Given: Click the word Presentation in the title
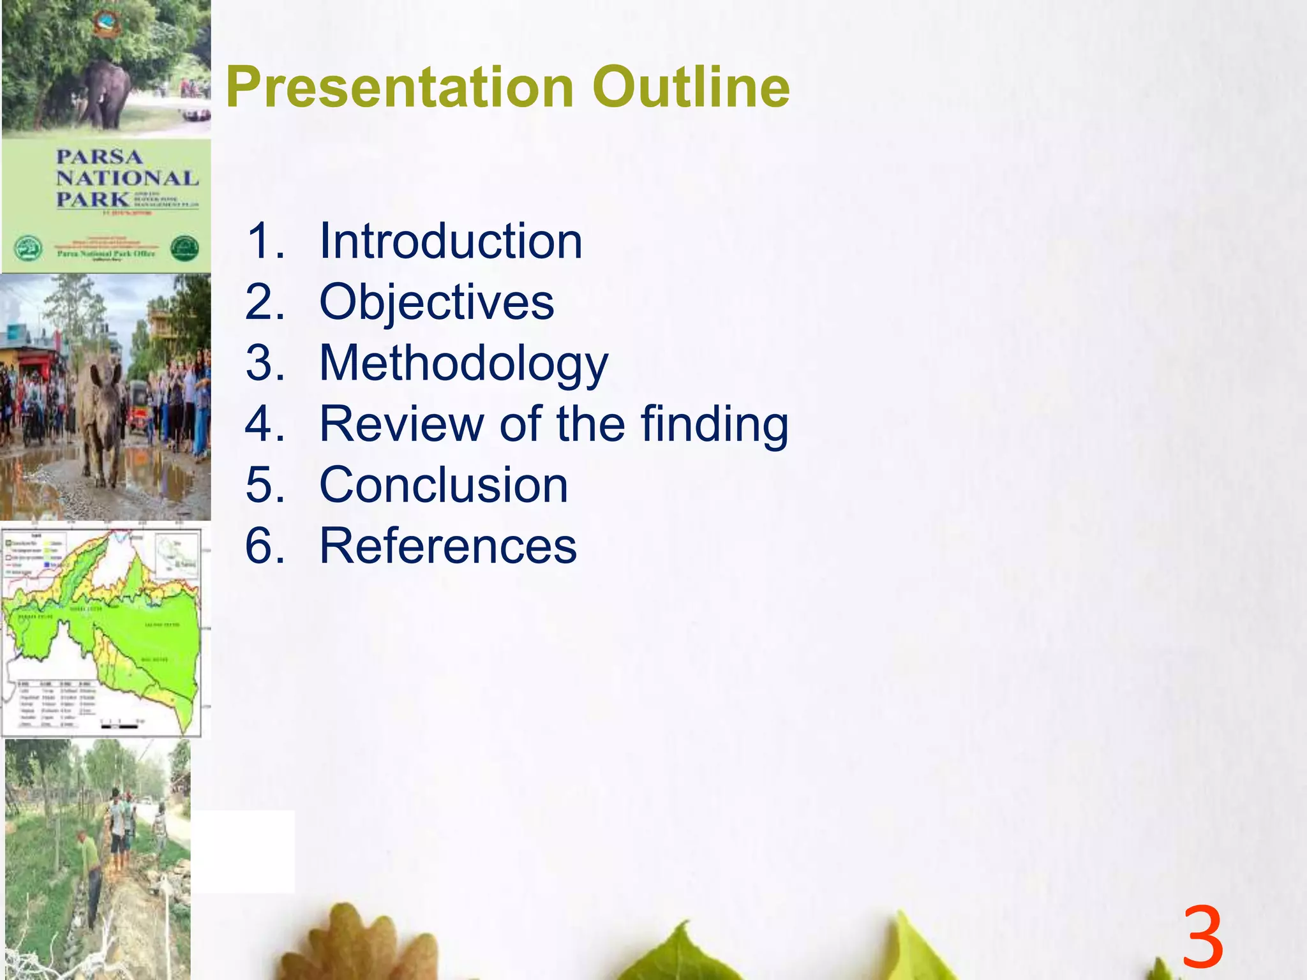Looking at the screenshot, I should (400, 87).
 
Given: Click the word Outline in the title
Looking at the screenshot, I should (691, 87).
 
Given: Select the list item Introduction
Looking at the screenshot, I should (451, 241).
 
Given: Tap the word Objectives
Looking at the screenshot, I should (437, 302).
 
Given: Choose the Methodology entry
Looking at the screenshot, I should (464, 363).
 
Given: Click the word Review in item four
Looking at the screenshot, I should (401, 424).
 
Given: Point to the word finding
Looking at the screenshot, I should (714, 424).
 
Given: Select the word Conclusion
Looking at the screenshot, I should (444, 485).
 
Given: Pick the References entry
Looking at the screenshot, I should (448, 546).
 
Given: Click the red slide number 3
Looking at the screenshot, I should (1202, 938).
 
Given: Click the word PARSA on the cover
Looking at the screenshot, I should (99, 157).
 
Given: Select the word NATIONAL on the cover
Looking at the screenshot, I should (127, 178).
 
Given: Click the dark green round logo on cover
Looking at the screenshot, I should (184, 248).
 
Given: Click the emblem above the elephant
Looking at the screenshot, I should (106, 24).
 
